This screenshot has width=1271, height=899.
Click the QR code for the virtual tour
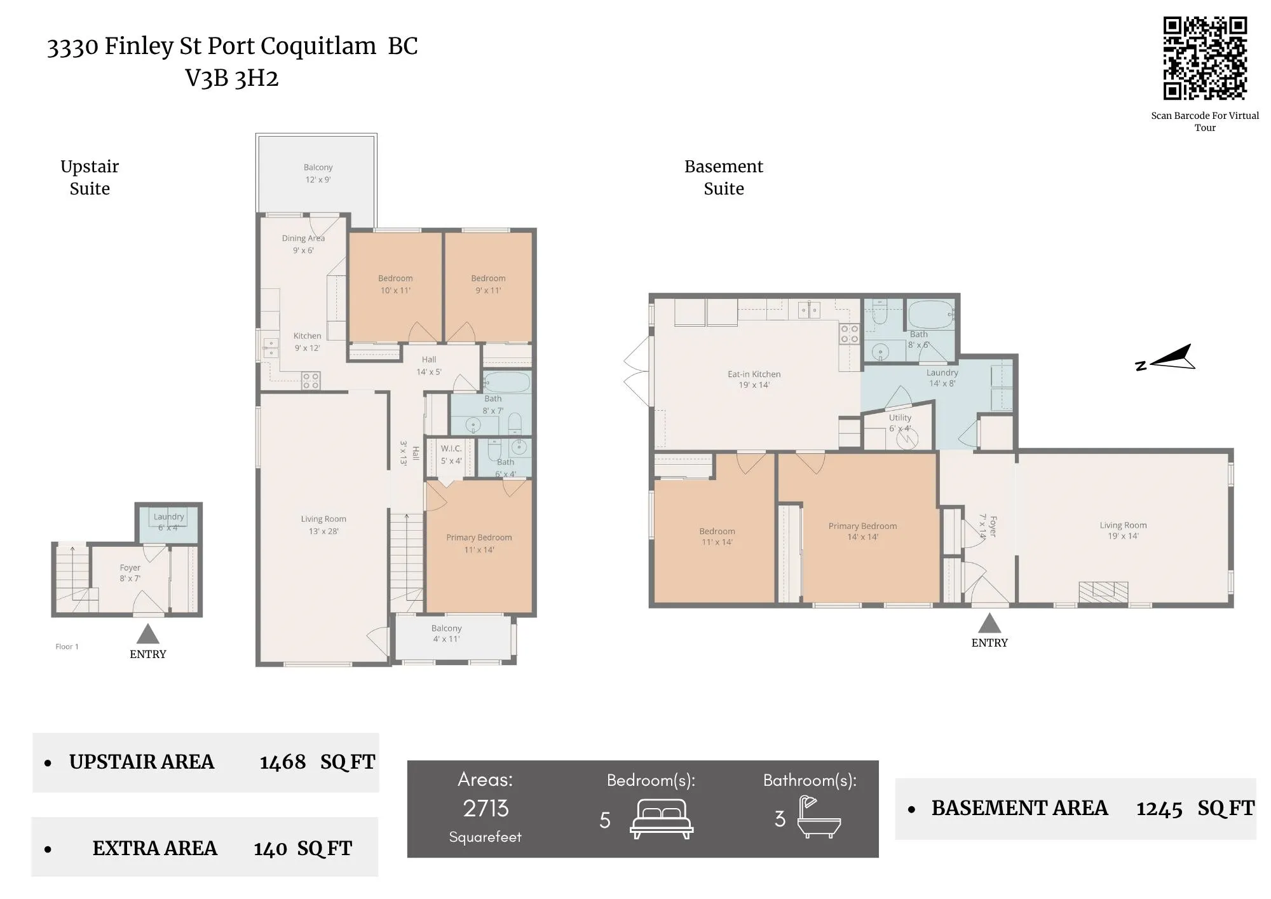[x=1205, y=58]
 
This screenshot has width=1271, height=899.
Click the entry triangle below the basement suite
[x=989, y=623]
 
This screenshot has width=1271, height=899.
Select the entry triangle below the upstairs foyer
[x=148, y=634]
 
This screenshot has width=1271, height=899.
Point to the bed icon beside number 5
[x=662, y=819]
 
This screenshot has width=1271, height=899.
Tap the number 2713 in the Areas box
[x=486, y=808]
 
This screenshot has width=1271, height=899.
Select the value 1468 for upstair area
[x=282, y=762]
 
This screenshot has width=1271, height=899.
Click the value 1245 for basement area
[x=1159, y=809]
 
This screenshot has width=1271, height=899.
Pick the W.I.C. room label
[x=451, y=449]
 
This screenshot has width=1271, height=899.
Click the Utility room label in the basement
[x=900, y=418]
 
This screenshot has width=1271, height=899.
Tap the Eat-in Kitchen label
[x=754, y=374]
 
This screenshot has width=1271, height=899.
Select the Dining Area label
[x=303, y=238]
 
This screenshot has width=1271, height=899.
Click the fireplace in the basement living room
[x=1103, y=592]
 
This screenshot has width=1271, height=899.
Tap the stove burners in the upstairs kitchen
[x=311, y=381]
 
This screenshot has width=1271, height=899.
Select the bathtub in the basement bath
[x=931, y=315]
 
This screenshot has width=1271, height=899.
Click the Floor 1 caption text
[x=67, y=647]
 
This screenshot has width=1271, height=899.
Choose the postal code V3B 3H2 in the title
[x=232, y=78]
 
